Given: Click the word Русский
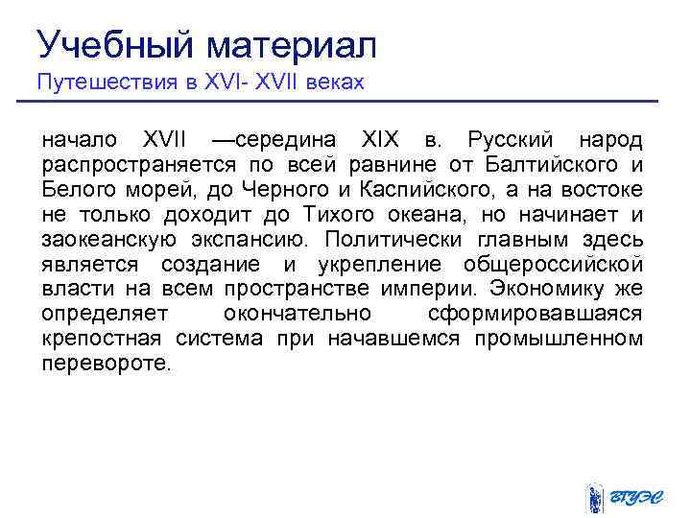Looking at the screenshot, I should pyautogui.click(x=511, y=140).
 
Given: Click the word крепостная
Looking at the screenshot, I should pyautogui.click(x=103, y=340).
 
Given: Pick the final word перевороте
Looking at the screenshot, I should pyautogui.click(x=106, y=365).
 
